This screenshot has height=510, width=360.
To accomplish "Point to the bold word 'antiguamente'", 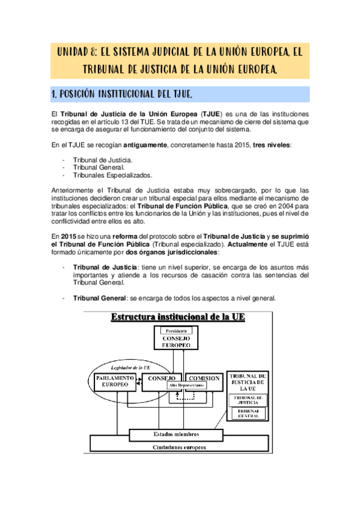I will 146,145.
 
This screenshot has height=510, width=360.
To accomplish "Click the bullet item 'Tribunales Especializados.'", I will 112,175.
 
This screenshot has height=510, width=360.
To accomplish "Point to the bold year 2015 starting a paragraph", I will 67,236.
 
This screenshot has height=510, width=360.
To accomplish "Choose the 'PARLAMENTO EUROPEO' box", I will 114,381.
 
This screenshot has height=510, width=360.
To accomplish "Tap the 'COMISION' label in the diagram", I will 203,378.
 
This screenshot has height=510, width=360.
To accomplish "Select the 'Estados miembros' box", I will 176,434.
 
